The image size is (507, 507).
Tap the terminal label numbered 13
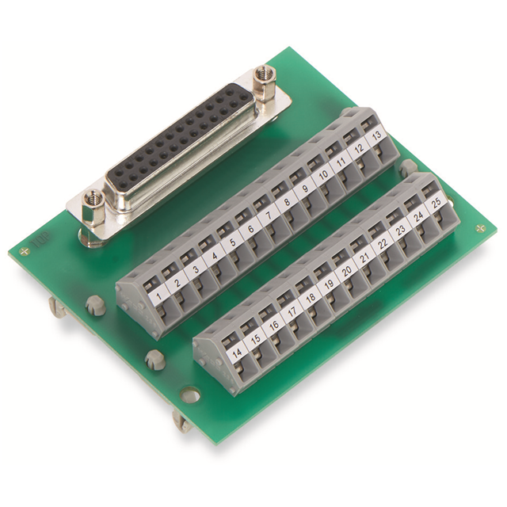(x=378, y=135)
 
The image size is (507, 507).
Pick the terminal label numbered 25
(x=435, y=204)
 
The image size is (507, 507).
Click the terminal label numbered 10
(x=324, y=176)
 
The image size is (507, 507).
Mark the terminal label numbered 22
(x=383, y=244)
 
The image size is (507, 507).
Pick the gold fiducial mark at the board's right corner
(x=481, y=229)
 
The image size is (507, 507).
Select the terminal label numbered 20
(x=346, y=272)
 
